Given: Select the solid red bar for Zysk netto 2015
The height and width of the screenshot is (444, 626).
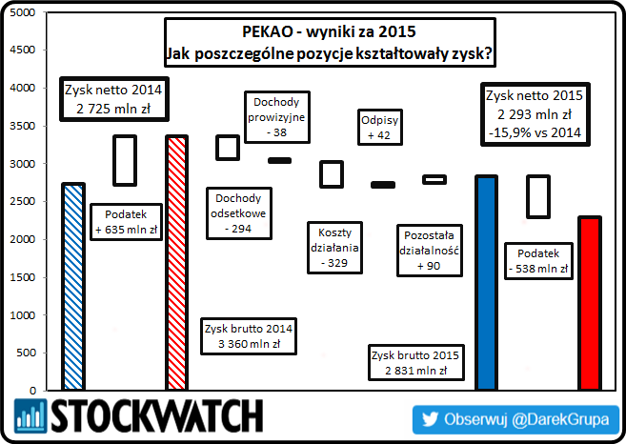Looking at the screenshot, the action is pyautogui.click(x=590, y=304).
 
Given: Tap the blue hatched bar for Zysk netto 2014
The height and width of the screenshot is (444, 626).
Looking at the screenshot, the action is pyautogui.click(x=72, y=287).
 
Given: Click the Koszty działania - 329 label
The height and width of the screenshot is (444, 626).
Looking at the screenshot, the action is pyautogui.click(x=335, y=246).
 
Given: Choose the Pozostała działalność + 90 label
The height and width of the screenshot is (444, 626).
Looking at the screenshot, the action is pyautogui.click(x=428, y=250).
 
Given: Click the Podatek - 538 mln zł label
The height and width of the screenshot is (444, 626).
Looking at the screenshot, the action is pyautogui.click(x=544, y=260).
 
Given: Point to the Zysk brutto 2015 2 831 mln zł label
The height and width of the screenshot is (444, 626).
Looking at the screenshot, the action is pyautogui.click(x=415, y=362).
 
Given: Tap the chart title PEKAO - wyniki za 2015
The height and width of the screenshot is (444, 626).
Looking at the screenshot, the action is pyautogui.click(x=328, y=32).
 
